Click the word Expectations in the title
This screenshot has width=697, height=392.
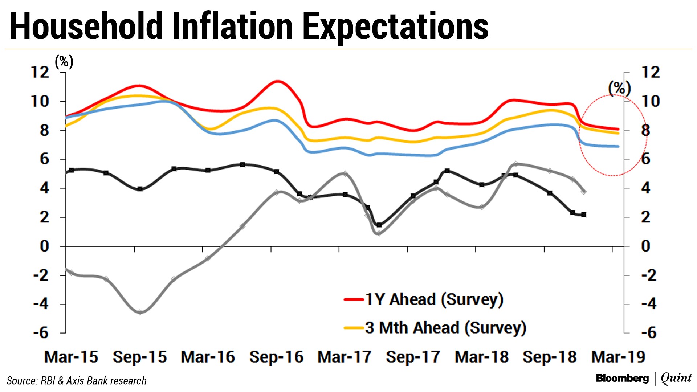(x=395, y=26)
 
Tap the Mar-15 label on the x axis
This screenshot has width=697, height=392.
(x=71, y=357)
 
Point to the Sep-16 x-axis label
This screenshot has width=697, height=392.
(x=276, y=357)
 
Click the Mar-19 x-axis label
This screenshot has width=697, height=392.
(x=618, y=357)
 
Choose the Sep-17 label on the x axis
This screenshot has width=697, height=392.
(x=413, y=357)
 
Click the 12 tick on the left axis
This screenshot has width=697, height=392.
(x=40, y=72)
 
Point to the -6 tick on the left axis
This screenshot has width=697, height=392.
(x=41, y=333)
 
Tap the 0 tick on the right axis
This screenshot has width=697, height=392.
(x=646, y=246)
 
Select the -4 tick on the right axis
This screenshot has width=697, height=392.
(x=649, y=304)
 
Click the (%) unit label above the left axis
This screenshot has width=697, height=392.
(x=64, y=62)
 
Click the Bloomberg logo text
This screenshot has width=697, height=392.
(x=622, y=379)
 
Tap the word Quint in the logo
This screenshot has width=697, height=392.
(x=676, y=378)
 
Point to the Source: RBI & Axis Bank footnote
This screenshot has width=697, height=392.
(x=77, y=381)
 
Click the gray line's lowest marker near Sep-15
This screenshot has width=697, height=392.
(x=140, y=312)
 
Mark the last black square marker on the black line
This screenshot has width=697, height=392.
(x=584, y=215)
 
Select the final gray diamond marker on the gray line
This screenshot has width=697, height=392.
(x=584, y=192)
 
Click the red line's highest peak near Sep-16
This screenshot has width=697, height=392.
(x=278, y=81)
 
